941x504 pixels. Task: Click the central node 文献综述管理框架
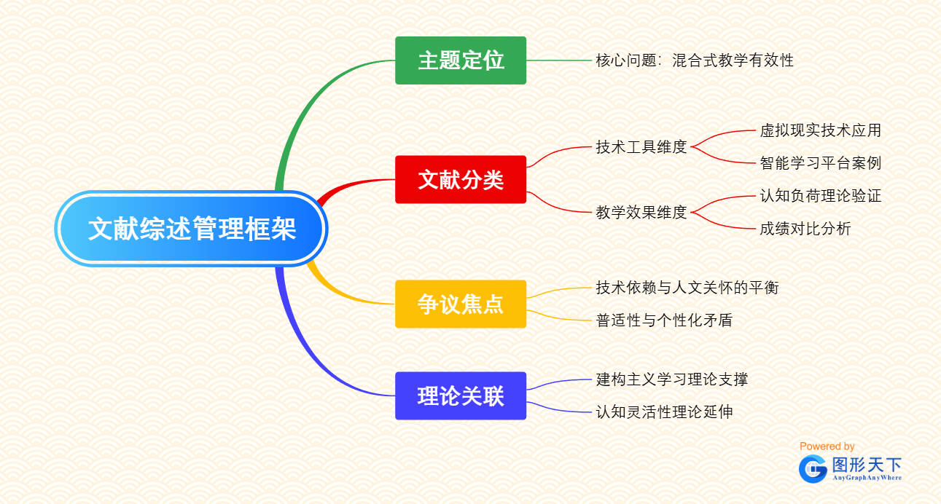[191, 229]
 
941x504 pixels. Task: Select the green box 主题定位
[461, 60]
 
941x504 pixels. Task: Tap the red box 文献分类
[461, 180]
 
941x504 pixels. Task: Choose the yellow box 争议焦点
[461, 304]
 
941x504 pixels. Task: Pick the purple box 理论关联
[461, 395]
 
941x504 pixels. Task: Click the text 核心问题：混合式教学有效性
[695, 60]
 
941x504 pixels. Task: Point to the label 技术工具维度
[641, 147]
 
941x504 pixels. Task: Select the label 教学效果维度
[641, 213]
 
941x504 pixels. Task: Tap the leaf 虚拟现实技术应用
[821, 130]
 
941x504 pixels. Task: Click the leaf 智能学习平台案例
[821, 163]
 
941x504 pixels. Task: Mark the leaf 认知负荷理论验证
[821, 196]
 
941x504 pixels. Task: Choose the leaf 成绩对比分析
[805, 229]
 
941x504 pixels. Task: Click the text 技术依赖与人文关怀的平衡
[687, 288]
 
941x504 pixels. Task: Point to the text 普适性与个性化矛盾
[664, 320]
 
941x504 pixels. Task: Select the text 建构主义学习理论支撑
[672, 379]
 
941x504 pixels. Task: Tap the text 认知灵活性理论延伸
[664, 412]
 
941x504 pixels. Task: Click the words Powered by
[827, 446]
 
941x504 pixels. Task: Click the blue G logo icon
[813, 469]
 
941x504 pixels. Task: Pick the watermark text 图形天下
[867, 465]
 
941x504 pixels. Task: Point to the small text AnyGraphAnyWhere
[867, 478]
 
